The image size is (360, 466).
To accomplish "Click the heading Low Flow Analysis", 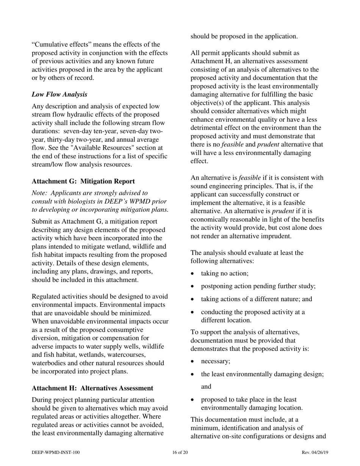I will pos(59,94).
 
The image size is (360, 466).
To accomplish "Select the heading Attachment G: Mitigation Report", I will pos(83,181).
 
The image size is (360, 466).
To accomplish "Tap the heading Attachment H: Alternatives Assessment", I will pos(92,388).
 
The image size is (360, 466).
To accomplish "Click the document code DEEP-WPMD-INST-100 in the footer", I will pos(56,452).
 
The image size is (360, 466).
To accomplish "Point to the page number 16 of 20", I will pos(180,452).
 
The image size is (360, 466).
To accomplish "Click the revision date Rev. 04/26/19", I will pos(315,452).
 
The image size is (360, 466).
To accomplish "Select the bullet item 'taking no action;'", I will pos(225,273).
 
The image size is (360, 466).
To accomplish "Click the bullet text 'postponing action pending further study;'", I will pos(258,286).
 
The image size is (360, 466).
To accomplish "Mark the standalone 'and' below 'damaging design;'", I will pos(206,387).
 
